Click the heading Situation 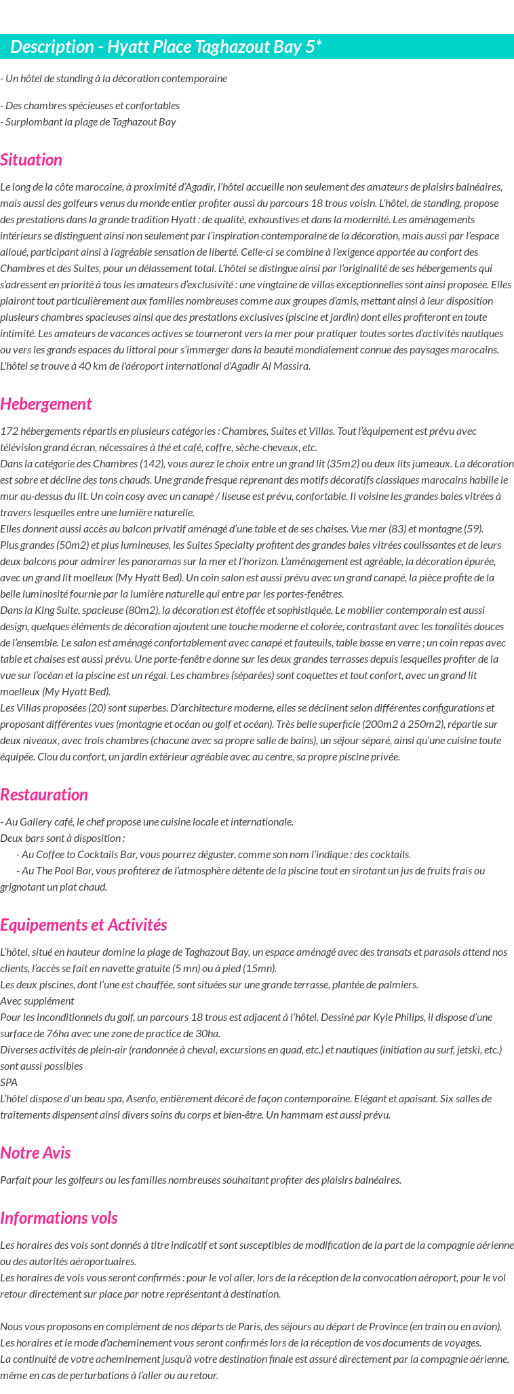click(31, 160)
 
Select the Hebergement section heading click(45, 404)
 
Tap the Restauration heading click(44, 795)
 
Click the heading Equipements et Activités click(83, 925)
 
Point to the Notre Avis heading click(35, 1153)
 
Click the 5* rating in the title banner click(313, 47)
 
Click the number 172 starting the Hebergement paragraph click(9, 431)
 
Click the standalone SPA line click(9, 1083)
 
